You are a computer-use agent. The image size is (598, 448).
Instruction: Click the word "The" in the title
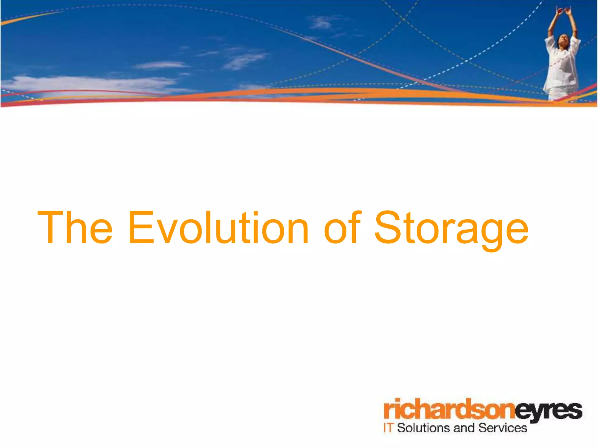click(x=75, y=228)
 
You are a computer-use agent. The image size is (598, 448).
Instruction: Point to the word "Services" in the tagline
click(x=503, y=428)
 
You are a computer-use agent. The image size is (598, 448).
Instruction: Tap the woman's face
click(x=562, y=39)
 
